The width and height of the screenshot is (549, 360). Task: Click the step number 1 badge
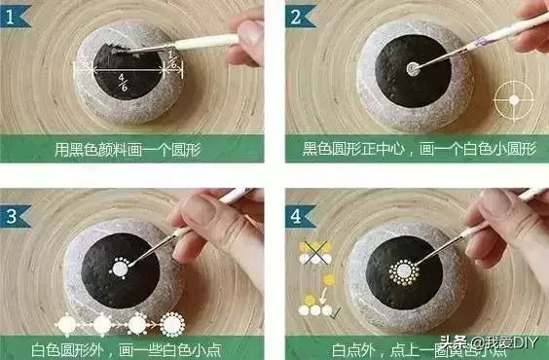14,17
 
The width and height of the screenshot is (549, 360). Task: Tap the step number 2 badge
300,17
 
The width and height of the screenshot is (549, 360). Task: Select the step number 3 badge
14,216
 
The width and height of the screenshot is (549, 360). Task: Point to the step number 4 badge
300,216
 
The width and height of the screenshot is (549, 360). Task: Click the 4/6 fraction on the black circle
123,83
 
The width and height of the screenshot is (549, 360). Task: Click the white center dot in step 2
413,68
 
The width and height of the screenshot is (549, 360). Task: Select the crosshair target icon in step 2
514,100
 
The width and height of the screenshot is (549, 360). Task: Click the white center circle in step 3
120,270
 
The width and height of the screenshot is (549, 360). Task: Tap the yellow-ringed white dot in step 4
404,271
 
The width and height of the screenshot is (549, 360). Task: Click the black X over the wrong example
315,252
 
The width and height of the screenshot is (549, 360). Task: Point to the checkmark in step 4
336,312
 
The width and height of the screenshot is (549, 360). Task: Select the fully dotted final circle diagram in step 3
172,324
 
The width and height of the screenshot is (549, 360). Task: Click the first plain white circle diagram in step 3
66,325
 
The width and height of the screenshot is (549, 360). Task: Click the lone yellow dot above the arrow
329,280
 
